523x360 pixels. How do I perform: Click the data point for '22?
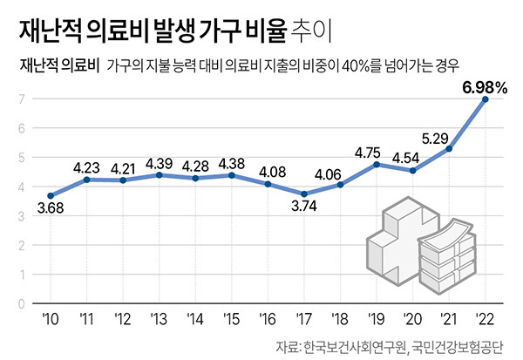pyautogui.click(x=486, y=99)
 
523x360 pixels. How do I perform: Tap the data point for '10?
pyautogui.click(x=51, y=196)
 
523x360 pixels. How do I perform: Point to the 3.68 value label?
pyautogui.click(x=51, y=210)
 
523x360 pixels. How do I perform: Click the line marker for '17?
pyautogui.click(x=304, y=194)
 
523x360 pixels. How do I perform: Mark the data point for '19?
pyautogui.click(x=377, y=164)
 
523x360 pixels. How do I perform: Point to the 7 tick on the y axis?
pyautogui.click(x=20, y=99)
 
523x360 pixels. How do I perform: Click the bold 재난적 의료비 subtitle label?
pyautogui.click(x=53, y=66)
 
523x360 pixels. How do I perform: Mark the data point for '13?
pyautogui.click(x=160, y=175)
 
